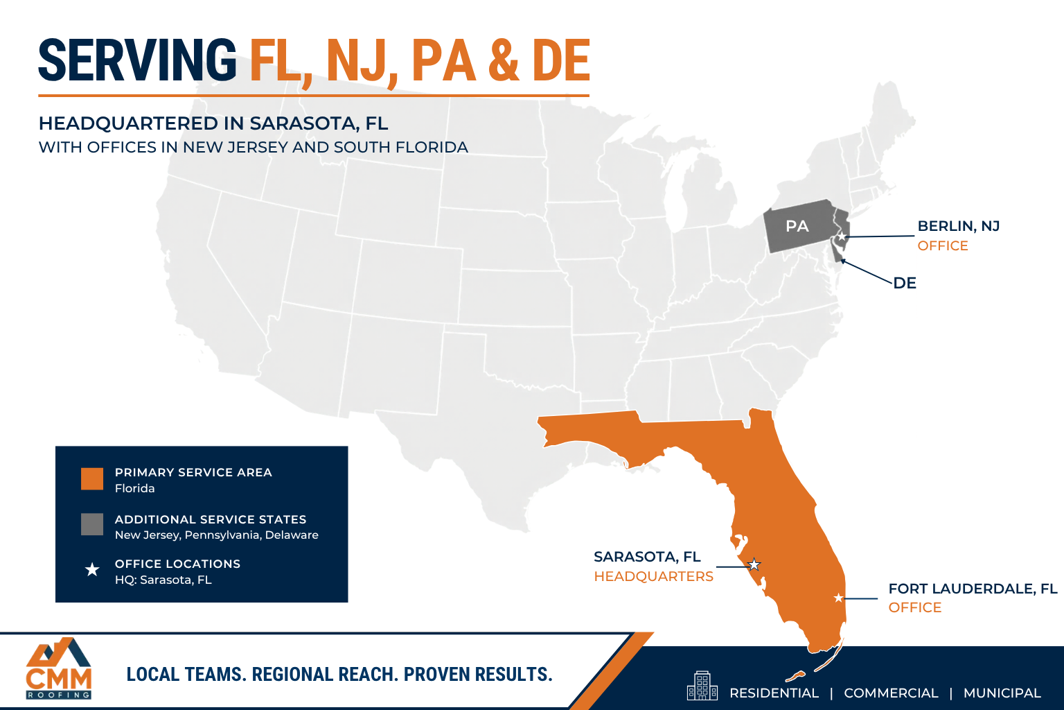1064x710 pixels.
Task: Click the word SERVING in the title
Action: click(137, 61)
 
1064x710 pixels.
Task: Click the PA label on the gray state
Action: click(797, 226)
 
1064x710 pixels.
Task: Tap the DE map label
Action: click(905, 283)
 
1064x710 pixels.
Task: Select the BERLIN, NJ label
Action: click(958, 226)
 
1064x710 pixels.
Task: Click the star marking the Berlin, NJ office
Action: click(842, 237)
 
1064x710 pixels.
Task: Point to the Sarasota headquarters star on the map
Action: click(754, 565)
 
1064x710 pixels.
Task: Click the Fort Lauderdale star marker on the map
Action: click(838, 598)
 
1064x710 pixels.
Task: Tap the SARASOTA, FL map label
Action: click(647, 557)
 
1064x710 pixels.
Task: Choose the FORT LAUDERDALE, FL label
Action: click(973, 589)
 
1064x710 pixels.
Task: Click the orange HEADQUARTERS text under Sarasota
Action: click(653, 576)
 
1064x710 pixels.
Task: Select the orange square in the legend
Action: click(92, 478)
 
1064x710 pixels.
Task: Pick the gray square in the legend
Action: click(92, 524)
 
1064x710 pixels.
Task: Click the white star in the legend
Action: click(92, 570)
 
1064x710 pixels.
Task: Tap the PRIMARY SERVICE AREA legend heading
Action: click(193, 472)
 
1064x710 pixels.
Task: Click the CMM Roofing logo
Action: click(59, 668)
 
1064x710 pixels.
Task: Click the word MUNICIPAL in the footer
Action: click(1002, 693)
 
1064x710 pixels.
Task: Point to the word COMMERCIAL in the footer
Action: click(891, 693)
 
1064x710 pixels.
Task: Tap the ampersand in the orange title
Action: click(504, 61)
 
